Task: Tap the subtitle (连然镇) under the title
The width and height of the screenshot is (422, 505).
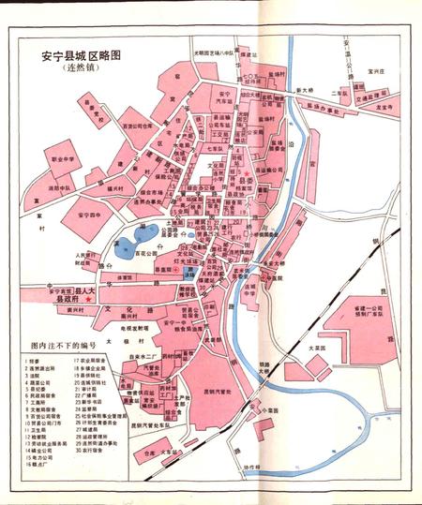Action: (82, 69)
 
